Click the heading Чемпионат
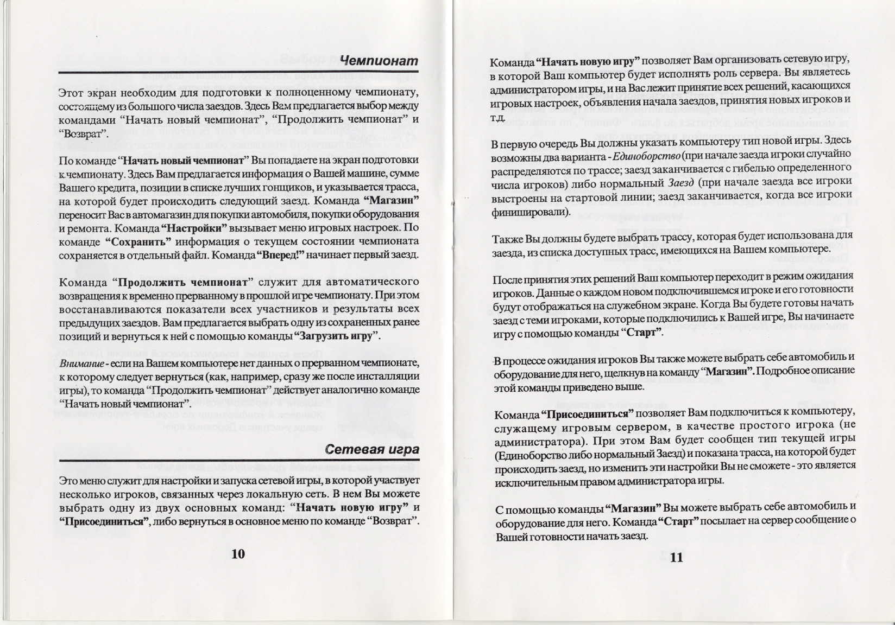[x=379, y=61]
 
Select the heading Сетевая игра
[x=372, y=449]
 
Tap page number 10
[x=238, y=553]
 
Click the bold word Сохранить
[x=138, y=241]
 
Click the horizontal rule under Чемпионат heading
[x=238, y=73]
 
